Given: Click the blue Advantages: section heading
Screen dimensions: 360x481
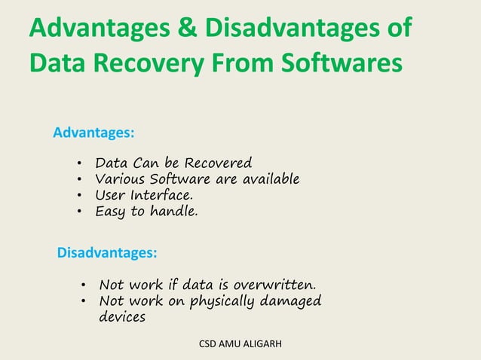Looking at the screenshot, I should tap(94, 133).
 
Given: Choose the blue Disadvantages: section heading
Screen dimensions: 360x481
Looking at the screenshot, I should tap(108, 253).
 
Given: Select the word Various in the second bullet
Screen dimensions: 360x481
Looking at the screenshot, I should tap(118, 179).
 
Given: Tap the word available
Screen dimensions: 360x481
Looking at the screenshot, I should tap(269, 179).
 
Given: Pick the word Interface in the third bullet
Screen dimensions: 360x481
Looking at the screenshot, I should tap(155, 196).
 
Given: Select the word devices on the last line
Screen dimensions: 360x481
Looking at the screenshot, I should tap(122, 317).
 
